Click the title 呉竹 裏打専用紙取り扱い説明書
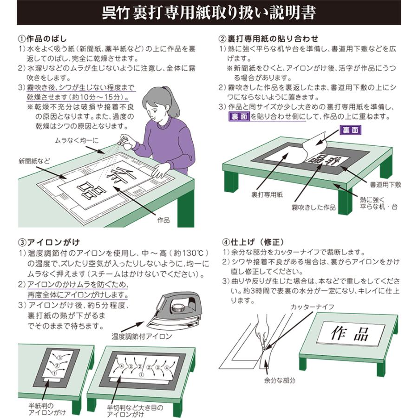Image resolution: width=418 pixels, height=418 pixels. point(209,13)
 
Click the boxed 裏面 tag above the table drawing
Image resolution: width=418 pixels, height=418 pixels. point(350,130)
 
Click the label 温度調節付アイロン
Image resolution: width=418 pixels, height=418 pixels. point(142,335)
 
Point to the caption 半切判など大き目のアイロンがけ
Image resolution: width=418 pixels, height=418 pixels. point(135,411)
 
